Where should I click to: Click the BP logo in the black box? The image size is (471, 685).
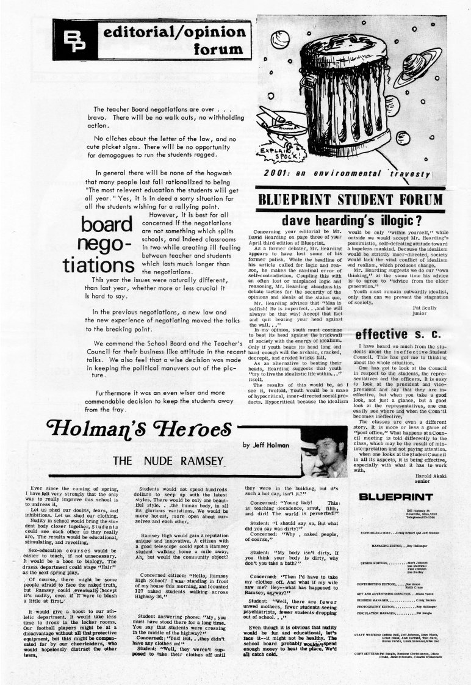(x=79, y=40)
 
